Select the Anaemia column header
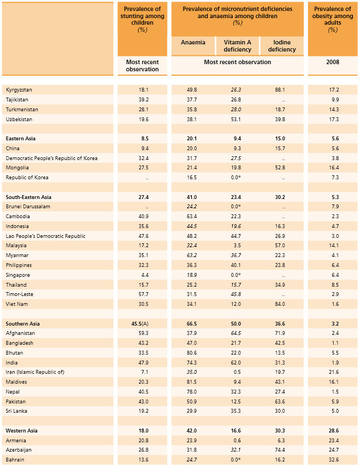(x=193, y=43)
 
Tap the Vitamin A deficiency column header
(x=237, y=46)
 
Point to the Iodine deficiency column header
(x=282, y=46)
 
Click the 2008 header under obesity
(x=333, y=62)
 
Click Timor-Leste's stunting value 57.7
(x=144, y=294)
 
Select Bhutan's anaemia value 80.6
(x=192, y=352)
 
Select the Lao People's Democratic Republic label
(x=45, y=236)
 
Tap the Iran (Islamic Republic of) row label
(x=35, y=372)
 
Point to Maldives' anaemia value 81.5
(x=192, y=381)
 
